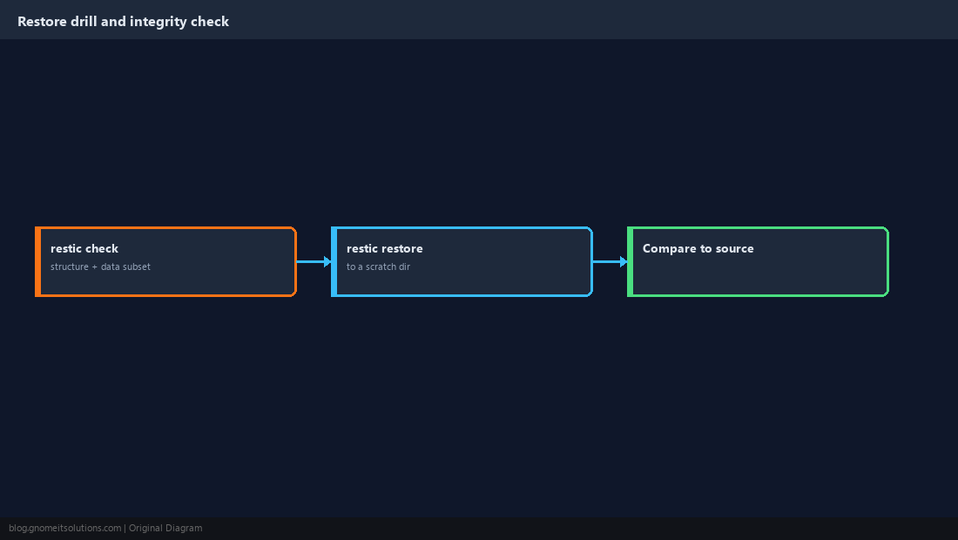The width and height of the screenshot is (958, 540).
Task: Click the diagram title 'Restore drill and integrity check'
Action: (124, 22)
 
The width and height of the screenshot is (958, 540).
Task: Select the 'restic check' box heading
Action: (84, 248)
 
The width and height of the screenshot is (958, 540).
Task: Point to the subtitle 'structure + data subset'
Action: (100, 267)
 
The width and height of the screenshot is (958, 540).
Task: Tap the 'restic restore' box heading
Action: (384, 248)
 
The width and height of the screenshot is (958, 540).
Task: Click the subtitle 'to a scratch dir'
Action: (378, 267)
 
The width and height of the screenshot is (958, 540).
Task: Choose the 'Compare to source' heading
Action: (698, 248)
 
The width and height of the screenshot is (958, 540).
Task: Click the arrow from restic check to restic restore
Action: (314, 262)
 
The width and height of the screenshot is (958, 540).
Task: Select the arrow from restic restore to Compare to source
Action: (611, 262)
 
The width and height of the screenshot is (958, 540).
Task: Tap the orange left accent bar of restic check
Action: (37, 262)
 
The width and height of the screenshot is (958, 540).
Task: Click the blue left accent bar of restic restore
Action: (334, 262)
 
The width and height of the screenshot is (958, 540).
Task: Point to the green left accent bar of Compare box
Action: (631, 262)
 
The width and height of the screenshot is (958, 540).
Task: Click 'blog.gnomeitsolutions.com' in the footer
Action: (64, 529)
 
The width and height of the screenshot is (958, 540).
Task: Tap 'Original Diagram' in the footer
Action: (165, 529)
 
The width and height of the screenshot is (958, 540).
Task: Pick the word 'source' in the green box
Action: (734, 248)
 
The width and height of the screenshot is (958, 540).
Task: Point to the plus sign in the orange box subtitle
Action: (95, 267)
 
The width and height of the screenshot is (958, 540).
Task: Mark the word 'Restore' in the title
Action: (42, 22)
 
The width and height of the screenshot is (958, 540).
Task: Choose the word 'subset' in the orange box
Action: (136, 267)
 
